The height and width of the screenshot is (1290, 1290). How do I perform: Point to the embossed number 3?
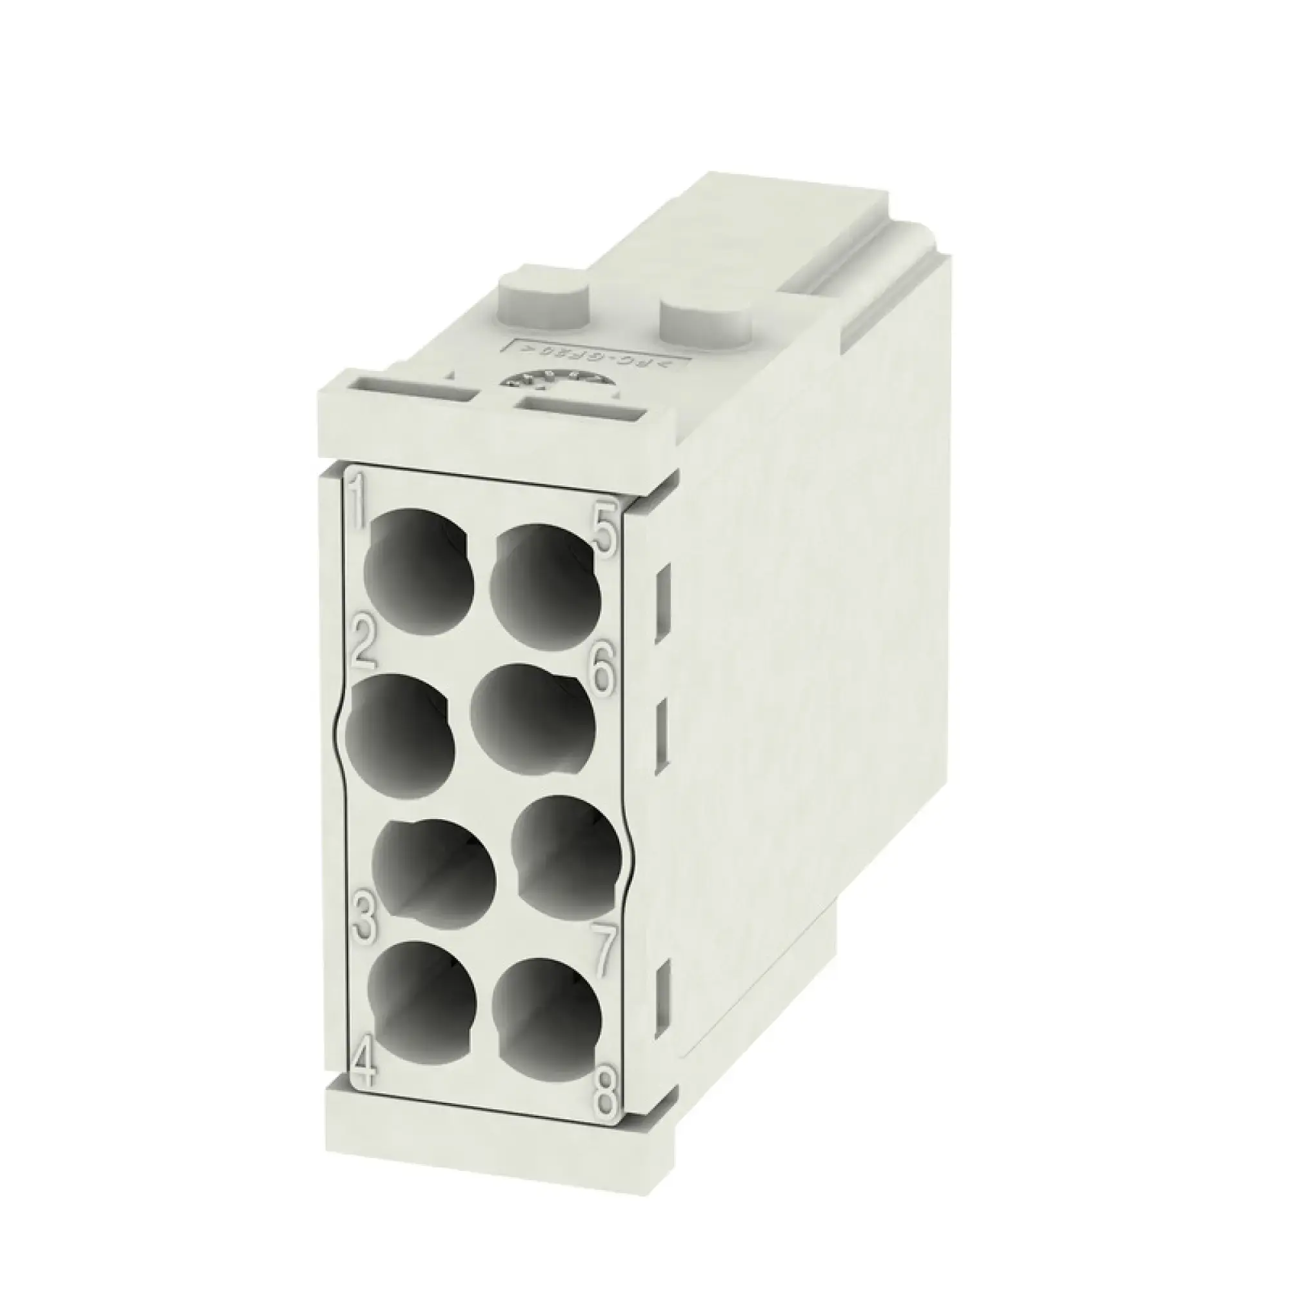tap(365, 920)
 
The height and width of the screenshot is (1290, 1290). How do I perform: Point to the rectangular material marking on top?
tap(594, 355)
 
